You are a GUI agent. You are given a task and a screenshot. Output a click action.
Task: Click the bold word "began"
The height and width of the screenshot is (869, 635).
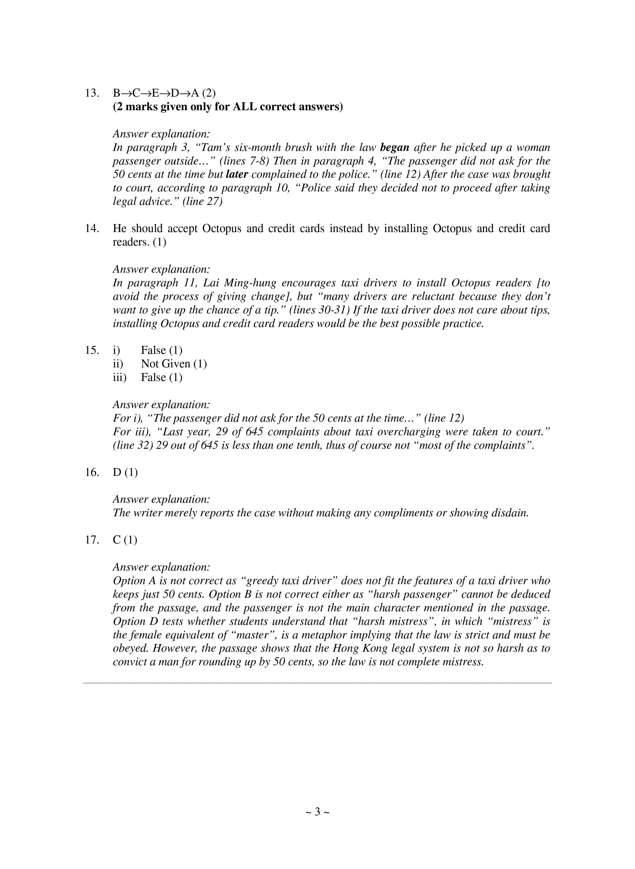click(394, 148)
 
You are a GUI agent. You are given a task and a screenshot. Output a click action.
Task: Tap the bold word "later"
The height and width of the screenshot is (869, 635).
click(237, 174)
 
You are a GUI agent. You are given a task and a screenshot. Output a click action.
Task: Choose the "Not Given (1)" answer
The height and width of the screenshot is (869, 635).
click(174, 364)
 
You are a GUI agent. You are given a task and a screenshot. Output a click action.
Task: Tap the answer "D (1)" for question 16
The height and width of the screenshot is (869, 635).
click(125, 472)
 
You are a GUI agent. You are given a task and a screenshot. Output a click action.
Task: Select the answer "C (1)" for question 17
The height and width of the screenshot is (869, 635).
click(125, 540)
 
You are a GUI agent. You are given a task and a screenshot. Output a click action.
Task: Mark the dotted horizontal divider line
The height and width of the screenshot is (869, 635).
click(317, 683)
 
